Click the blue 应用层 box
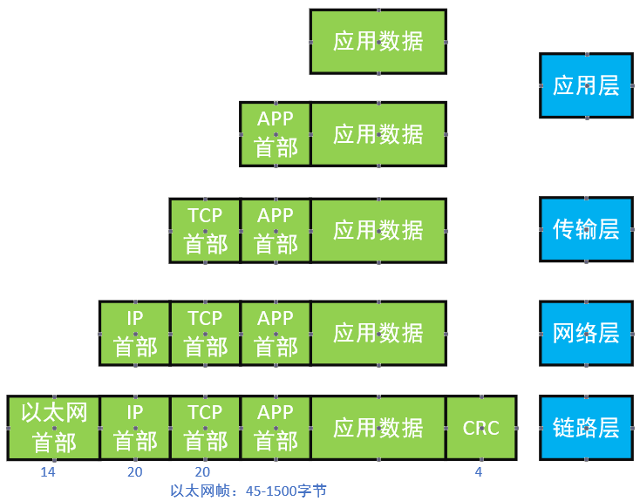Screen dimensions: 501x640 point(586,85)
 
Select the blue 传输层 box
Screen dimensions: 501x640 point(586,229)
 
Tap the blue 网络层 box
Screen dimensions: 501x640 point(586,332)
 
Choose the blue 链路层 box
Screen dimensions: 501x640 point(586,427)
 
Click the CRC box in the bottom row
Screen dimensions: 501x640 point(481,428)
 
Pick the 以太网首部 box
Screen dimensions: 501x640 point(53,428)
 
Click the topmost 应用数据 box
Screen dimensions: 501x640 point(378,41)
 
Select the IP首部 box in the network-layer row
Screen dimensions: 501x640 point(135,333)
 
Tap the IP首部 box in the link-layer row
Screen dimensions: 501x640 point(135,428)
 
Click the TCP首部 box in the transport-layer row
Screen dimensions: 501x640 point(205,230)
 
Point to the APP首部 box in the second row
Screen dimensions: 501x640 point(276,133)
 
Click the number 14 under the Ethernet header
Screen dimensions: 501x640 point(48,472)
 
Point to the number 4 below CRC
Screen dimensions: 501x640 point(478,472)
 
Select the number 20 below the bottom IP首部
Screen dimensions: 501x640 point(135,472)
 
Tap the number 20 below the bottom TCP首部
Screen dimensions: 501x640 point(202,472)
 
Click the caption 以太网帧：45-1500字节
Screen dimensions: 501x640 point(249,491)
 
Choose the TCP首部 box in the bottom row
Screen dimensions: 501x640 point(205,428)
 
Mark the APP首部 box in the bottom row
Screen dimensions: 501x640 point(276,428)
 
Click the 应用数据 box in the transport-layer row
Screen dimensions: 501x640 point(378,230)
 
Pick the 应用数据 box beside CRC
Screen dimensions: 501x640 point(378,428)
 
